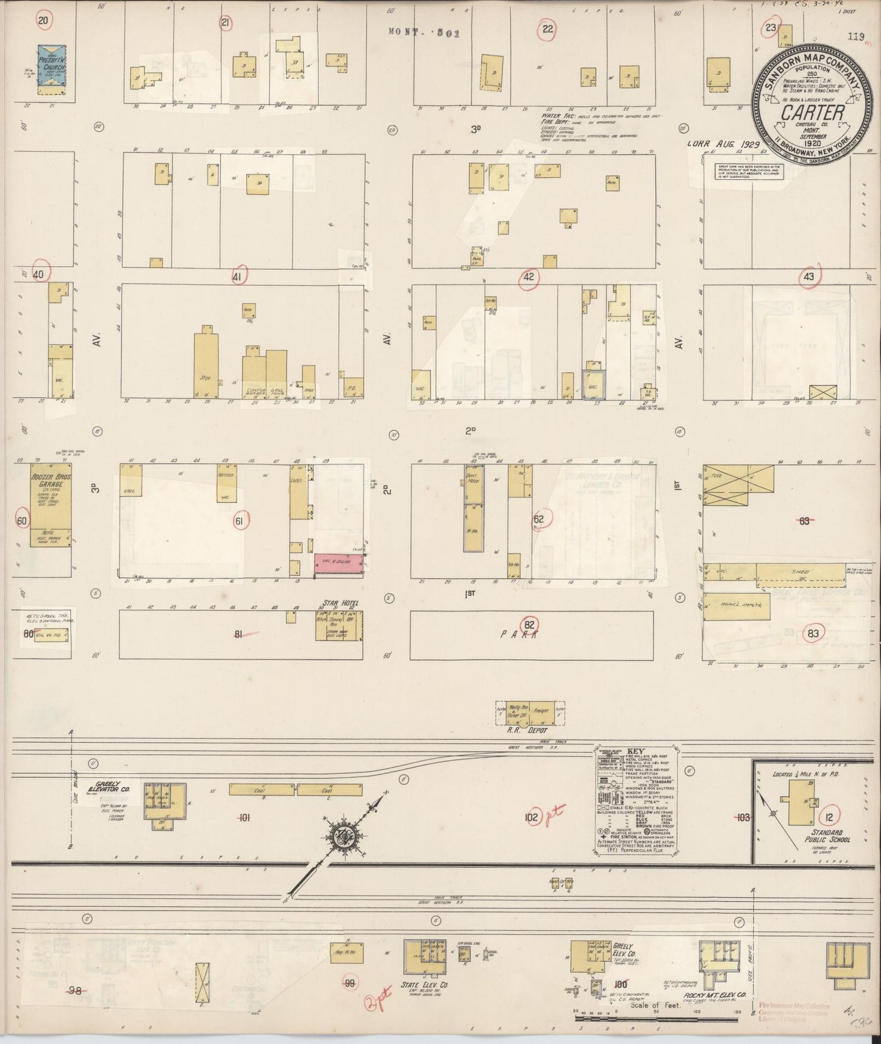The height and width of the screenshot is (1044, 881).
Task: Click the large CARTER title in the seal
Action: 813,113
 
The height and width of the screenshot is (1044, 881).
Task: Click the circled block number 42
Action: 528,277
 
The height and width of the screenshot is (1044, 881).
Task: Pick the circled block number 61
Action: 238,521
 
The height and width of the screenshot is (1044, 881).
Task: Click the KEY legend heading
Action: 632,752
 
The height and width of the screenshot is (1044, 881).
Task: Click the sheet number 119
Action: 855,37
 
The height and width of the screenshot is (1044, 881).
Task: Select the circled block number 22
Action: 547,28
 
